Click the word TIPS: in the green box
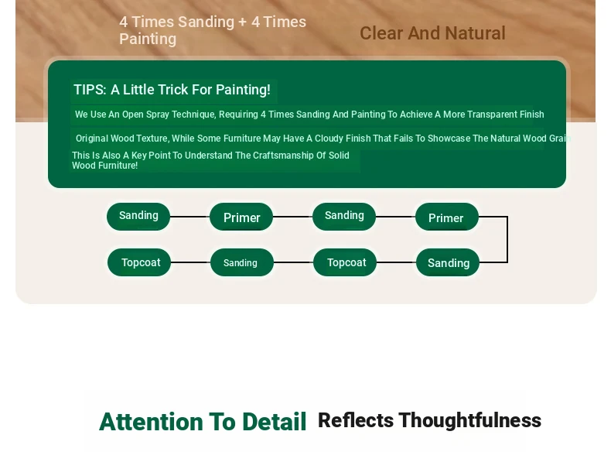[90, 90]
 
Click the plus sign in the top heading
[242, 22]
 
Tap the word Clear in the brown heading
[381, 33]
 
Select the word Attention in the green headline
[151, 422]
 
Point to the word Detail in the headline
[275, 422]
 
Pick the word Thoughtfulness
[470, 420]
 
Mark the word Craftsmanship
[283, 156]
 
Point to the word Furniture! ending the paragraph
[118, 166]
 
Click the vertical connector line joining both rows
[507, 239]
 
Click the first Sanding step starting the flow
[138, 217]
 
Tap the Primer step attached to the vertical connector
[447, 217]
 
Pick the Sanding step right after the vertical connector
[448, 262]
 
